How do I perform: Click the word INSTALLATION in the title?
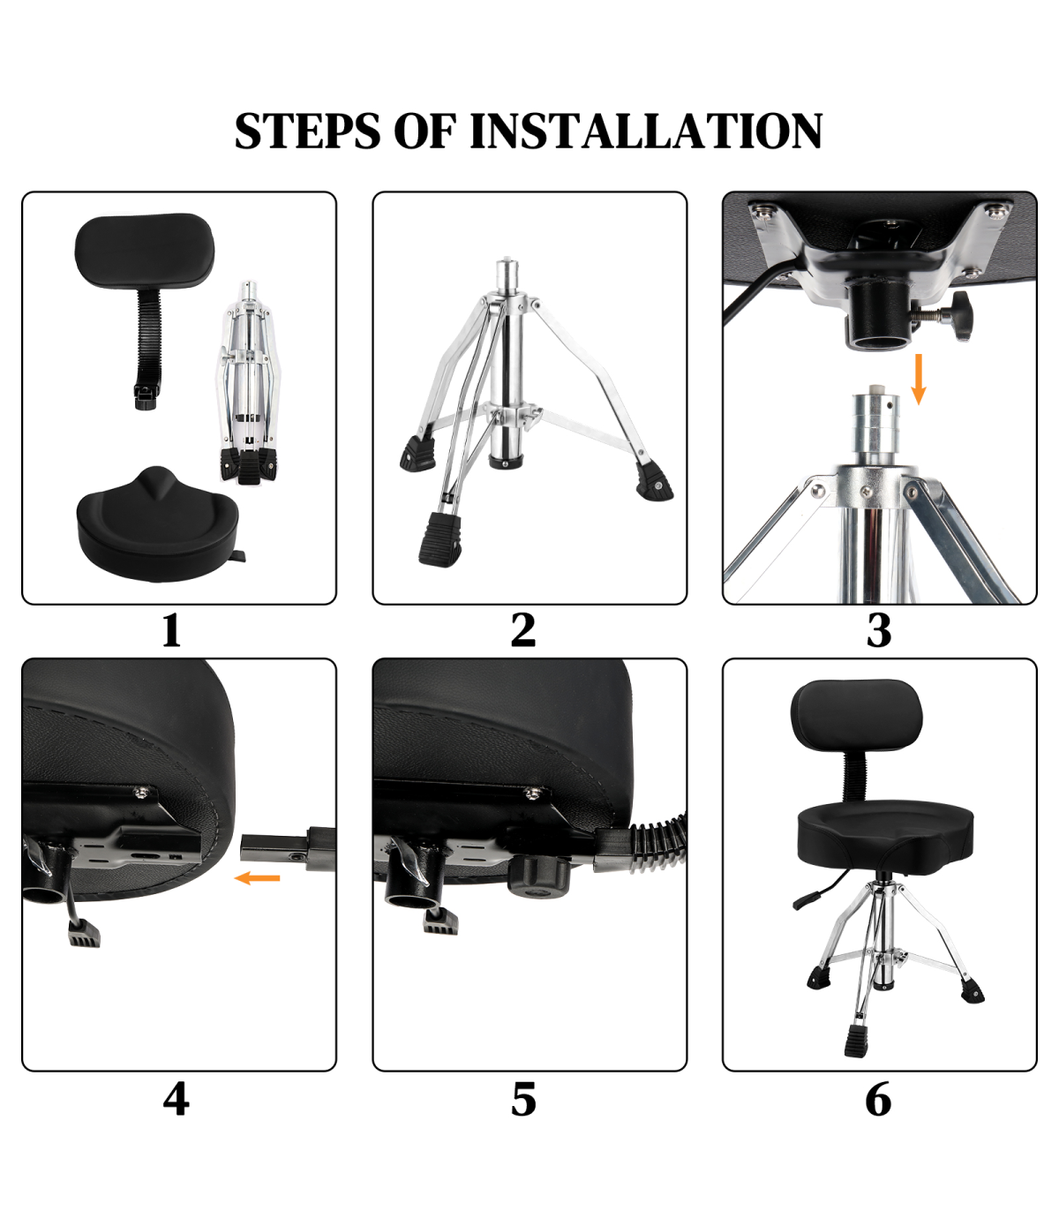(x=645, y=131)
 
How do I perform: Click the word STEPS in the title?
(x=307, y=131)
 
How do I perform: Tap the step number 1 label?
(x=171, y=630)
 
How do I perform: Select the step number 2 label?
(x=523, y=630)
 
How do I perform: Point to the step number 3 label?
(x=879, y=630)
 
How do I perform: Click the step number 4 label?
(x=176, y=1099)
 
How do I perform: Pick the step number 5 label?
(x=523, y=1099)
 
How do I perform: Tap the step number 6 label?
(x=878, y=1099)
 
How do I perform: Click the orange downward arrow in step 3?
(x=918, y=380)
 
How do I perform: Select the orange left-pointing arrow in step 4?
(x=258, y=878)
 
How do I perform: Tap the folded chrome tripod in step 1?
(x=249, y=383)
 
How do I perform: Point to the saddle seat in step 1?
(x=158, y=525)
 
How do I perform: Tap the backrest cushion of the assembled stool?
(x=855, y=718)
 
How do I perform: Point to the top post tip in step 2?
(x=507, y=260)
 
